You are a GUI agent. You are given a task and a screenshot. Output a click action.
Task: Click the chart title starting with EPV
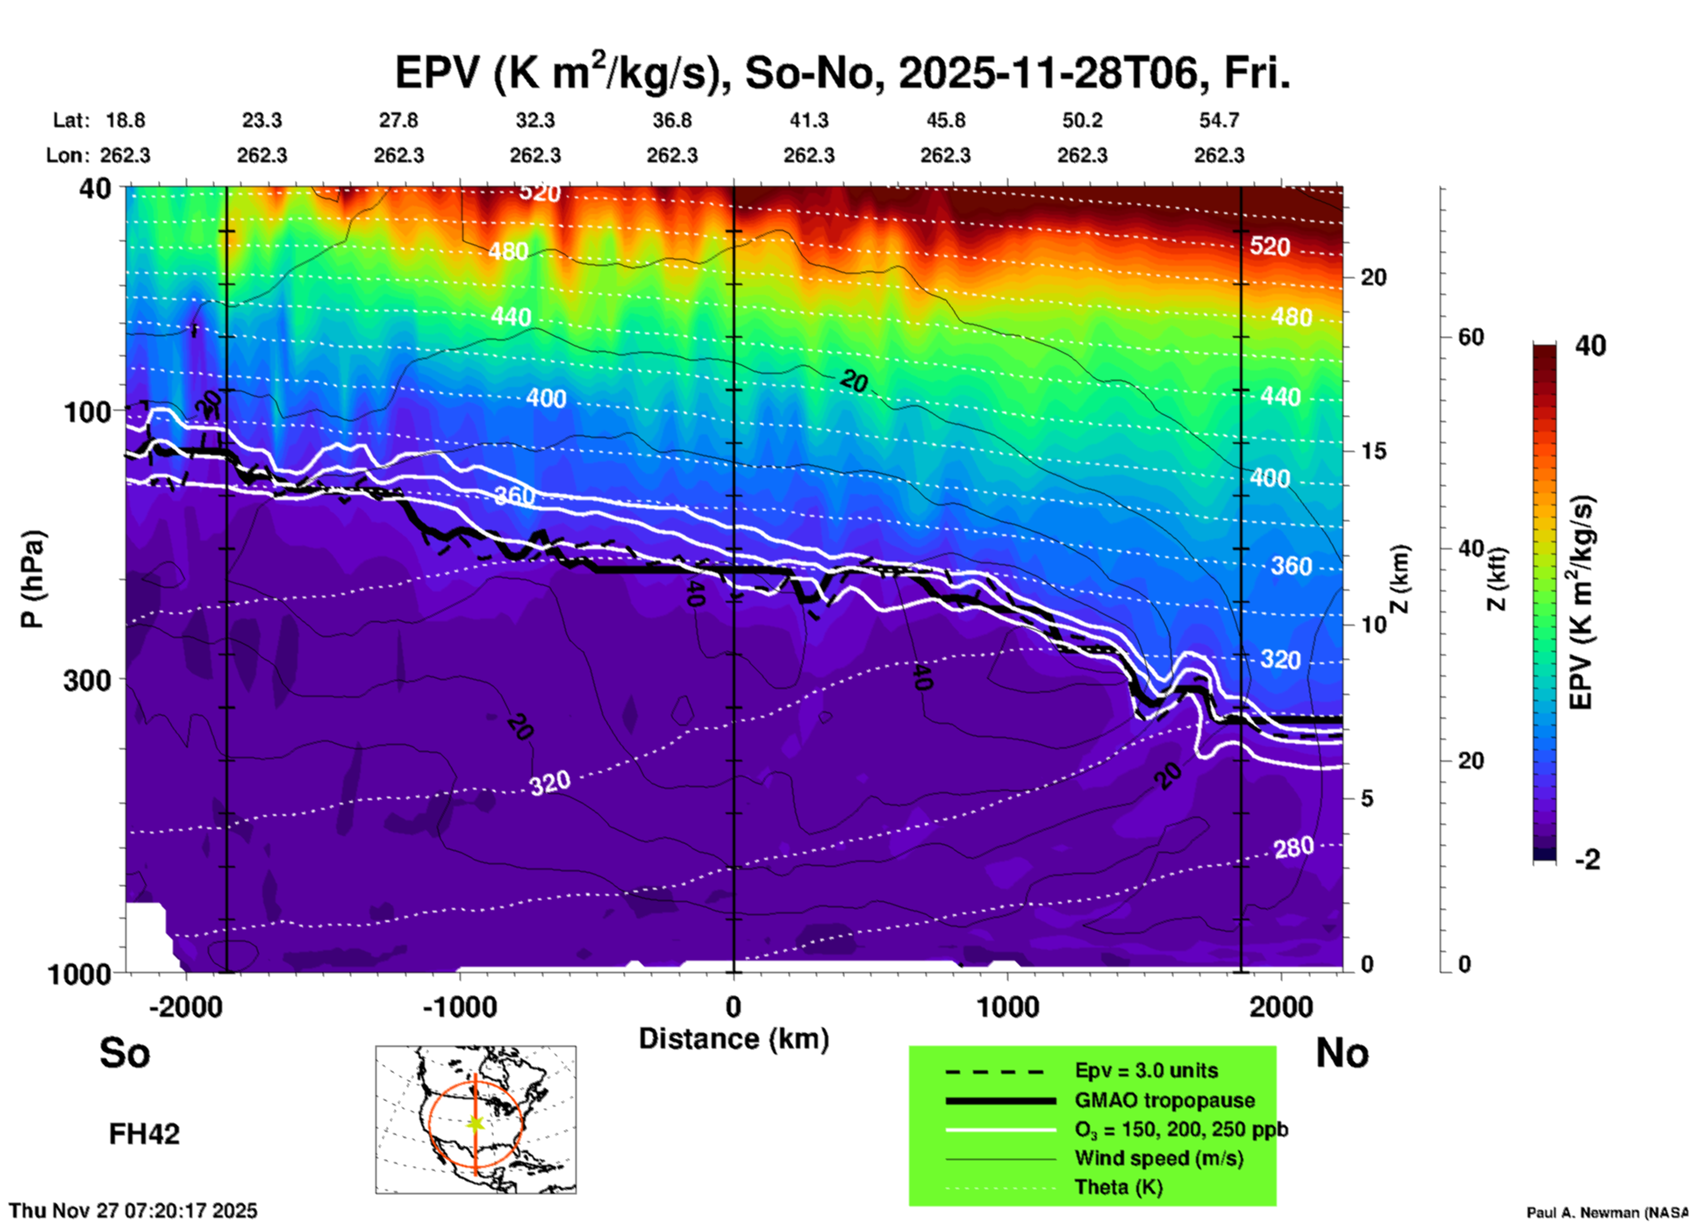click(x=842, y=72)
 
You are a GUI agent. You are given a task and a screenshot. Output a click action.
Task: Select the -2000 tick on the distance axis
click(x=186, y=1006)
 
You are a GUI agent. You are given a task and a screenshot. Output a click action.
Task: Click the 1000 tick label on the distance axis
click(x=1007, y=1006)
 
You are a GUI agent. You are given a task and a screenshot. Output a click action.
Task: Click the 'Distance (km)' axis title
click(x=734, y=1039)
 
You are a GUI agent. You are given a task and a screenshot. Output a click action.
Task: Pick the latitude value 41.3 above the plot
click(x=808, y=120)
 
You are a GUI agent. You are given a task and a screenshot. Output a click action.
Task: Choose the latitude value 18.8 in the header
click(x=125, y=120)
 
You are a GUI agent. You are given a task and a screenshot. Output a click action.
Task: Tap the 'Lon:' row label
click(x=68, y=155)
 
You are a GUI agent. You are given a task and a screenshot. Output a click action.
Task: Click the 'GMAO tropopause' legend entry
click(x=1164, y=1100)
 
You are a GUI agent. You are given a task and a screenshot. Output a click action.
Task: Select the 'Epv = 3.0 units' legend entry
click(x=1146, y=1070)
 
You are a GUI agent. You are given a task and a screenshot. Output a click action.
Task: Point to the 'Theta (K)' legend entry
click(x=1118, y=1187)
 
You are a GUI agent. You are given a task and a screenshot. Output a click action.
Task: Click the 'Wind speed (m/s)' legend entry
click(x=1158, y=1158)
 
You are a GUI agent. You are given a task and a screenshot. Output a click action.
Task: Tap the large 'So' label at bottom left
click(x=125, y=1053)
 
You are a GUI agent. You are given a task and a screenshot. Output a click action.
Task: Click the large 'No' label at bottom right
click(x=1342, y=1053)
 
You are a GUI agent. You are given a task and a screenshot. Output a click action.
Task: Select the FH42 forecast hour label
click(x=144, y=1134)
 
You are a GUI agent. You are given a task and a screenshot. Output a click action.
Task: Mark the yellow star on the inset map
click(x=476, y=1123)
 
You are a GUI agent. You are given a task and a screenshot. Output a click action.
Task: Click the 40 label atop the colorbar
click(x=1590, y=346)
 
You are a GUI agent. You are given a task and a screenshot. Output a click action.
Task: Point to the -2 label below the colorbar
click(x=1587, y=860)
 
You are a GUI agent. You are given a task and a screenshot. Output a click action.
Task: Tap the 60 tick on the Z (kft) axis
click(x=1471, y=337)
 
